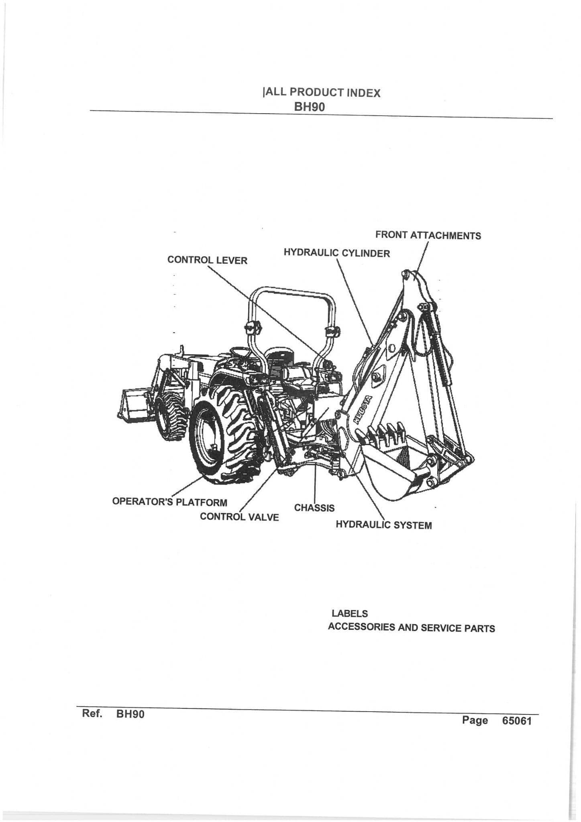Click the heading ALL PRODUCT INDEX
[321, 93]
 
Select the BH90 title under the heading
[309, 107]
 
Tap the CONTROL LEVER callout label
[207, 260]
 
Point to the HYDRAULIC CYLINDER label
[336, 253]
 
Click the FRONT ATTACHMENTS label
[428, 235]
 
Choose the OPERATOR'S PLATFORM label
[169, 502]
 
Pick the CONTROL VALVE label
[239, 517]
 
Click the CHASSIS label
[314, 508]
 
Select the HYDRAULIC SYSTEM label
[383, 525]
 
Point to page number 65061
[516, 721]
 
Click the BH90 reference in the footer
[130, 714]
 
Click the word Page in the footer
[475, 720]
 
